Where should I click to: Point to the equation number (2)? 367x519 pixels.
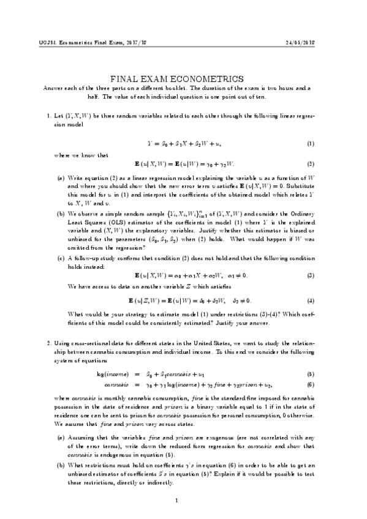point(311,163)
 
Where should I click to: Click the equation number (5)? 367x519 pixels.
point(311,374)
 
